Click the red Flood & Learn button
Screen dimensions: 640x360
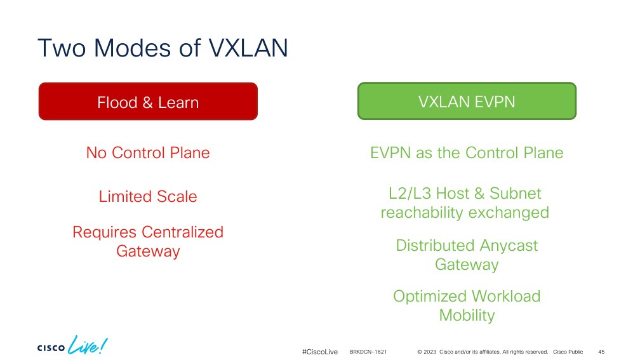coord(148,101)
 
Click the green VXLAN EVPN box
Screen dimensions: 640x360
coord(467,101)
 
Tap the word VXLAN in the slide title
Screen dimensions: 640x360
coord(248,48)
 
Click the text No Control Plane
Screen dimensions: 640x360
coord(148,152)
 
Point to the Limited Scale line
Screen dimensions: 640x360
coord(148,196)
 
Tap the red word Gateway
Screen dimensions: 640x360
coord(148,251)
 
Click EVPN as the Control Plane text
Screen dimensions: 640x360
coord(467,152)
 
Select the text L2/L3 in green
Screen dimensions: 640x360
coord(410,194)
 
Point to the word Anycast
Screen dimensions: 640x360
coord(509,246)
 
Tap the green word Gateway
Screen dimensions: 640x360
coord(467,265)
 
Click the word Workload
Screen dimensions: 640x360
coord(506,297)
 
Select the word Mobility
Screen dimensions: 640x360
coord(467,316)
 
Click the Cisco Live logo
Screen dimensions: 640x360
coord(72,345)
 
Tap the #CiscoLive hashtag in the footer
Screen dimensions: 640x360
coord(320,352)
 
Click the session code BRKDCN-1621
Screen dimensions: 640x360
coord(368,352)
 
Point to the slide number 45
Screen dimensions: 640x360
coord(601,352)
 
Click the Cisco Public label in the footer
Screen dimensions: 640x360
coord(568,352)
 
